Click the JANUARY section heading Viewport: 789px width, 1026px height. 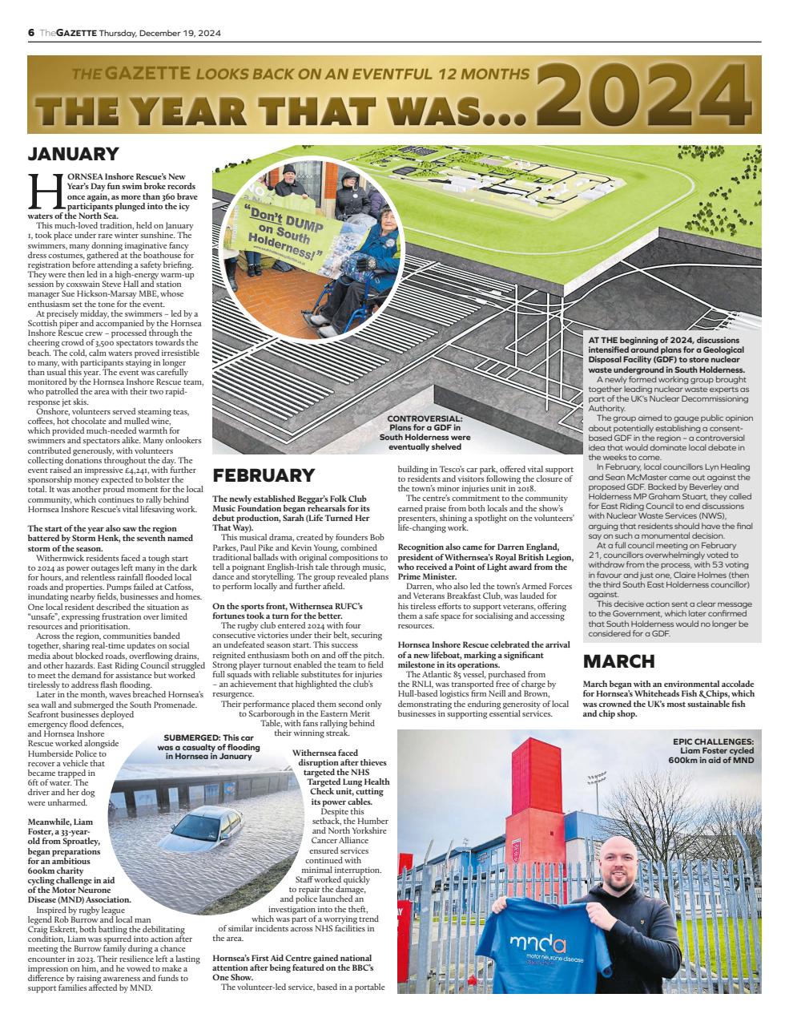coord(73,155)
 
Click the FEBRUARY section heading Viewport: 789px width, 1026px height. coord(263,475)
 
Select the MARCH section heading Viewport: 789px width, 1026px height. coord(618,661)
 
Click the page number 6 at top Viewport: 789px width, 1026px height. coord(31,33)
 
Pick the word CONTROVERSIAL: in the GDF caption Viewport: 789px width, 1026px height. coord(424,419)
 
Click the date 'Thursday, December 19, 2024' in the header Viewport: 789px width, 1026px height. coord(160,33)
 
